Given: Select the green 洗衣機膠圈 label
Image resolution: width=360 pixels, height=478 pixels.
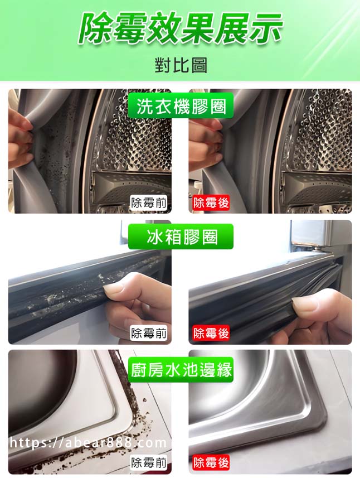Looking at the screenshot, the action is coord(181,106).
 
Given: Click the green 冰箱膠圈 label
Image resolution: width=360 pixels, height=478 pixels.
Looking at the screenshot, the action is coord(181,236).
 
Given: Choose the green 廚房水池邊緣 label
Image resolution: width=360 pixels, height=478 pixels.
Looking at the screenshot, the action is coord(181,369).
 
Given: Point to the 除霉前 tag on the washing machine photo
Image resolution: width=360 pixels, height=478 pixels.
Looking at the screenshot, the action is coord(149,202).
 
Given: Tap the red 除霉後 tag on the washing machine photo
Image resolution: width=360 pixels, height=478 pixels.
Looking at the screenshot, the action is coord(211,202).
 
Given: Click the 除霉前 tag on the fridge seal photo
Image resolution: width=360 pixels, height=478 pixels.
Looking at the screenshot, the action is coord(149,333).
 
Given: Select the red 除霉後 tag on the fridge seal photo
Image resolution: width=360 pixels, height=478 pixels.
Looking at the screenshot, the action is coord(211,333).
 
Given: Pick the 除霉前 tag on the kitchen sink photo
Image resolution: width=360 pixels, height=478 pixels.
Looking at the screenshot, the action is coord(149,463).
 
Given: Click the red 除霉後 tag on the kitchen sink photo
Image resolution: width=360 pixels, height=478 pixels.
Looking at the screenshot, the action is coord(211,463).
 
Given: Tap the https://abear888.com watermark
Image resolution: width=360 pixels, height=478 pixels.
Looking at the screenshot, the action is coord(88,442).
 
